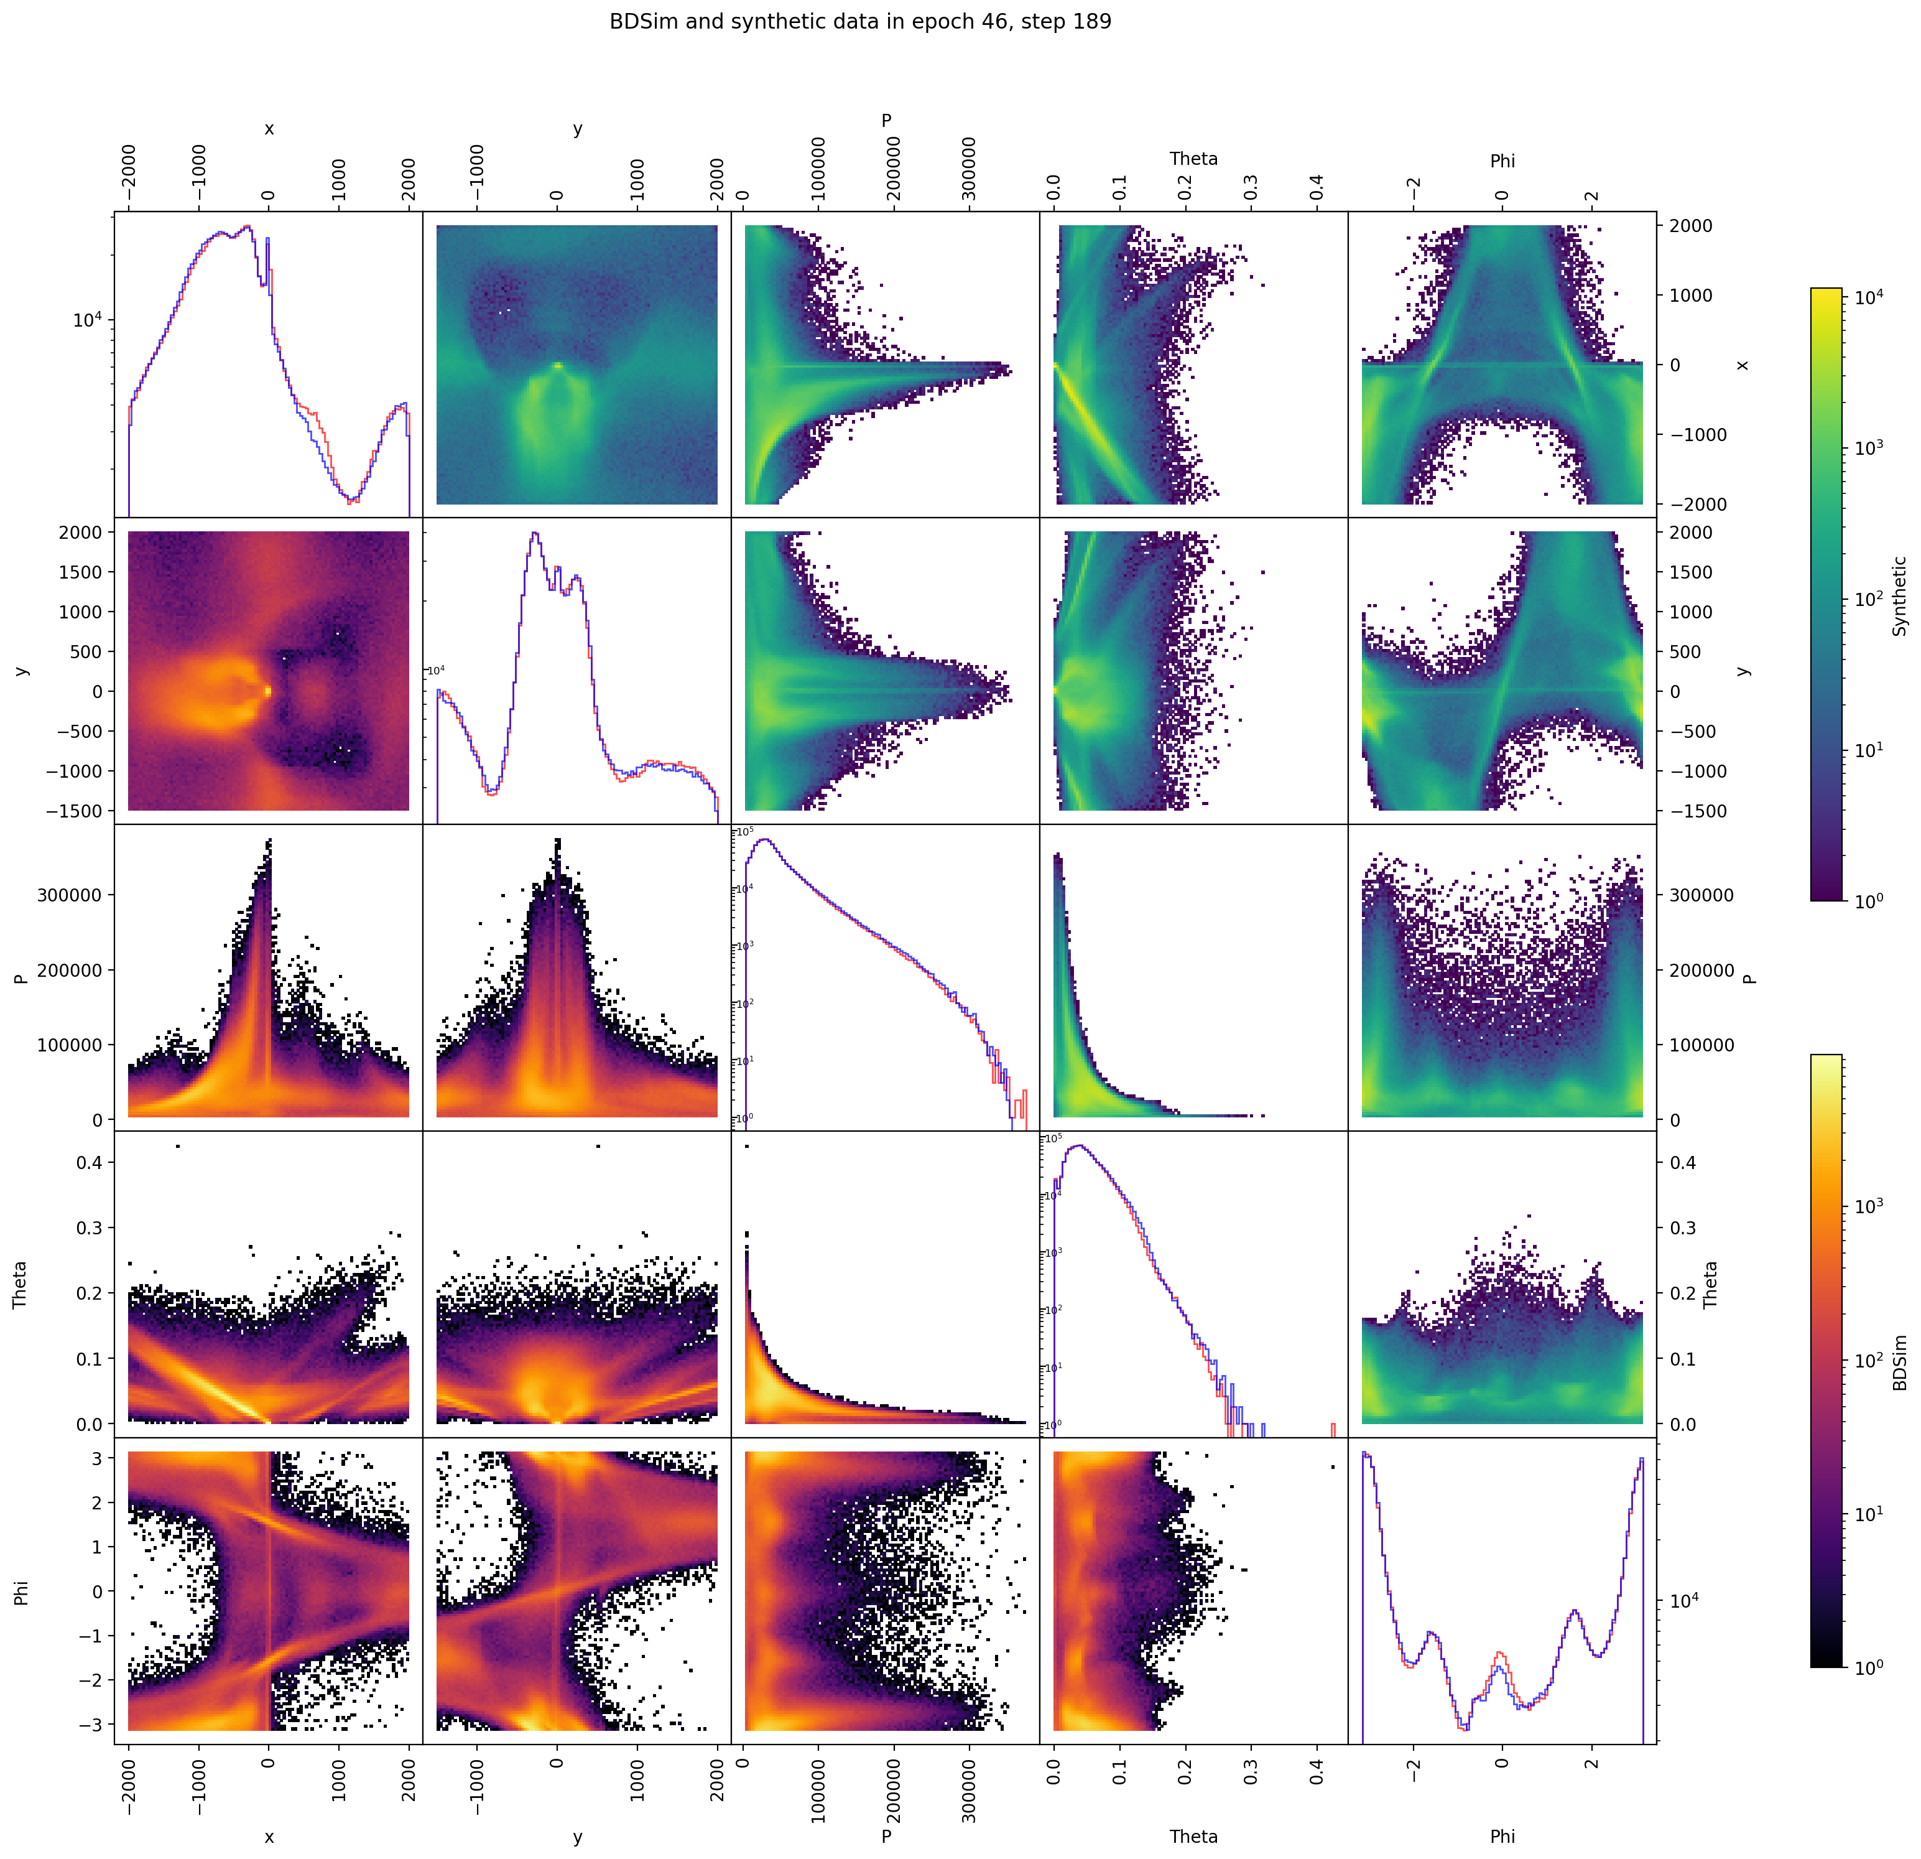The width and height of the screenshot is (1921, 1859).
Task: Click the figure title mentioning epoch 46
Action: pos(859,22)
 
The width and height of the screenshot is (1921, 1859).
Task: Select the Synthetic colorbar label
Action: pos(1899,596)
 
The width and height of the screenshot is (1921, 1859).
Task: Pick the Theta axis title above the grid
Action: pos(1193,159)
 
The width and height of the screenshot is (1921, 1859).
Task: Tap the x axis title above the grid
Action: pos(269,128)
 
